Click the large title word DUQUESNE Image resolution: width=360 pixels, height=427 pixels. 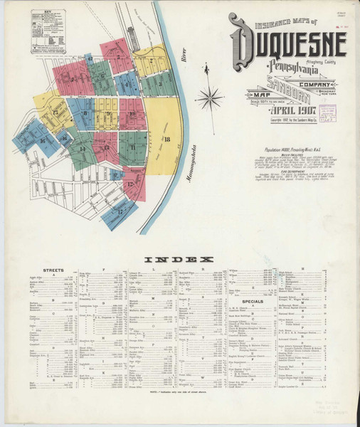288,46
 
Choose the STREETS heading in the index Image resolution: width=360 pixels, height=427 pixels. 53,271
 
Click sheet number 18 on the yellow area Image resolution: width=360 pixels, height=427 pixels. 166,139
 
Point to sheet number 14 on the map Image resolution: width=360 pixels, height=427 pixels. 83,149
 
